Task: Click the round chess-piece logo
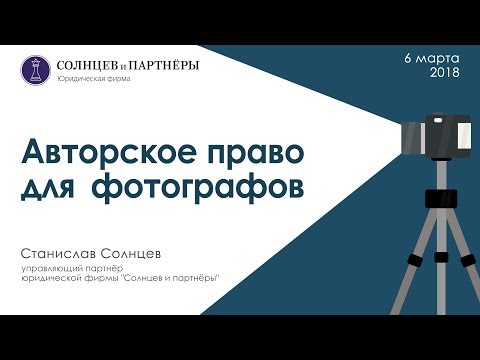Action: coord(34,69)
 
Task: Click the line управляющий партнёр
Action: coord(73,268)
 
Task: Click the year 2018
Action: coord(444,73)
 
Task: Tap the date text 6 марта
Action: coord(432,57)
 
